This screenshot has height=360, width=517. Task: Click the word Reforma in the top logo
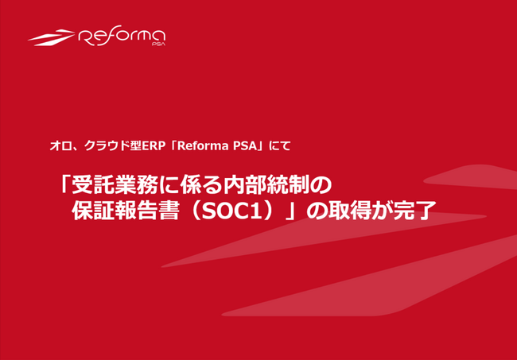pyautogui.click(x=122, y=37)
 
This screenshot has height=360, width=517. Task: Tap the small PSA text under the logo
pyautogui.click(x=158, y=46)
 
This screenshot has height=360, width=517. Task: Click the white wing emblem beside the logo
pyautogui.click(x=51, y=37)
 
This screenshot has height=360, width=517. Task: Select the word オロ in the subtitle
pyautogui.click(x=56, y=145)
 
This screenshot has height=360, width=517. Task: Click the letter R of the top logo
pyautogui.click(x=87, y=37)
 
